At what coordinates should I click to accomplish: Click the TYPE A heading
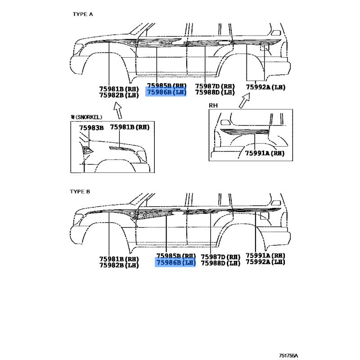[83, 14]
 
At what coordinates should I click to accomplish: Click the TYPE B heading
[80, 191]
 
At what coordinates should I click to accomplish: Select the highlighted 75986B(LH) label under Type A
[166, 92]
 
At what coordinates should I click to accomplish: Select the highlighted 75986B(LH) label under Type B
[175, 263]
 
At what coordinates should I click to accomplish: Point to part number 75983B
[91, 128]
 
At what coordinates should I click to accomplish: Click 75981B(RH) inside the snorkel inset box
[130, 128]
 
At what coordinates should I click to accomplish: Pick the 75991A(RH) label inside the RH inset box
[265, 153]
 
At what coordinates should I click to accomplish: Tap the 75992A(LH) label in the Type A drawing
[265, 87]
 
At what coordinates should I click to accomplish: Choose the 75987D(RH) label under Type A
[215, 86]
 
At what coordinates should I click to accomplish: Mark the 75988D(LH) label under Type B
[220, 263]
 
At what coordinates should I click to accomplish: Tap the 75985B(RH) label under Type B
[175, 256]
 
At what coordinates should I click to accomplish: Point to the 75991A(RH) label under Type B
[265, 255]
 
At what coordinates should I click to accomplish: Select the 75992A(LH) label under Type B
[265, 261]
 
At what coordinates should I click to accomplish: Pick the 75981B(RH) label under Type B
[119, 259]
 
